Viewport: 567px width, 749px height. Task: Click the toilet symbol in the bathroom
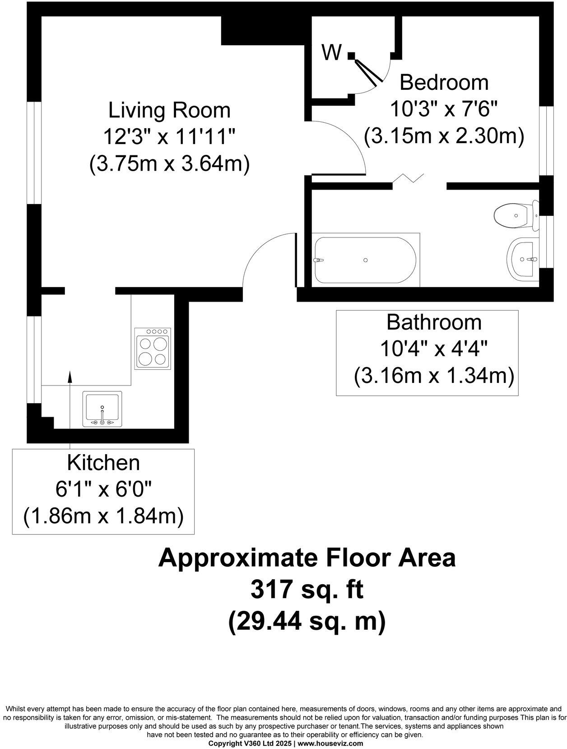pos(515,216)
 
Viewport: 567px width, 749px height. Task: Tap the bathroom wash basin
pos(523,260)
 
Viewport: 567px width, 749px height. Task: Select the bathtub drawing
pos(365,260)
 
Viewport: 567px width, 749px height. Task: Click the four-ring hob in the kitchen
pos(153,348)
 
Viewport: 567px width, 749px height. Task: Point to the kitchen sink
pos(102,409)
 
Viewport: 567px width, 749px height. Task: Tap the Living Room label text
pos(169,111)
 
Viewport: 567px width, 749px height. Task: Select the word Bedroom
pos(444,83)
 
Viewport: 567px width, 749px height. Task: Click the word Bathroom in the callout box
pos(434,322)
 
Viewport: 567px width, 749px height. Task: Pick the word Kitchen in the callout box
pos(103,463)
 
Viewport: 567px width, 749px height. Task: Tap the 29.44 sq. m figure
pos(307,622)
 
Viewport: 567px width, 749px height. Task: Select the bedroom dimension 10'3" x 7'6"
pos(444,109)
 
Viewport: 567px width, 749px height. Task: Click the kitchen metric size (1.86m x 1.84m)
pos(103,515)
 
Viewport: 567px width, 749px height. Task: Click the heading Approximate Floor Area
pos(307,558)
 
